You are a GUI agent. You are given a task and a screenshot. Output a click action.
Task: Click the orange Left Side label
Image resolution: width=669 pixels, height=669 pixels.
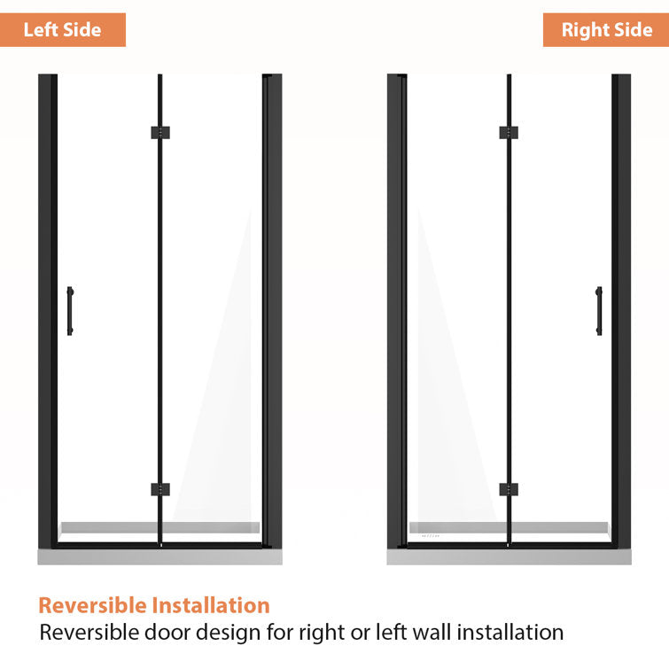click(x=62, y=30)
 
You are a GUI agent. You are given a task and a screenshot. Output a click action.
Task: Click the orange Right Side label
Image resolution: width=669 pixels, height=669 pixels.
click(x=606, y=30)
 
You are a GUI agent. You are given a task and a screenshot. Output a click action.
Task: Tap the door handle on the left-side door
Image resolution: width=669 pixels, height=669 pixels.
click(x=70, y=310)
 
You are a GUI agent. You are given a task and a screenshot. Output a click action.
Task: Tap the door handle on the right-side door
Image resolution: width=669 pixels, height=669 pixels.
click(x=599, y=310)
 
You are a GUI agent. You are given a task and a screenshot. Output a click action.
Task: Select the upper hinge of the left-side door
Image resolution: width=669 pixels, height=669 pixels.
click(x=159, y=133)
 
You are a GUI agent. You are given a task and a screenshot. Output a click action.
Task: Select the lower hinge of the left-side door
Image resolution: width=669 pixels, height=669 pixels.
click(x=159, y=489)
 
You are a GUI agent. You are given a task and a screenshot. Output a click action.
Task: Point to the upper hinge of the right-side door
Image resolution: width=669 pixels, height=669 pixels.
click(x=509, y=133)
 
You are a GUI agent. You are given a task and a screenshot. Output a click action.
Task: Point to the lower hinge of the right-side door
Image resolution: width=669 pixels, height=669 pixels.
click(x=509, y=489)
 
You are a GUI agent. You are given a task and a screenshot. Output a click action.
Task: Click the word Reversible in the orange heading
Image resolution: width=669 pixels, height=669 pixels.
click(x=92, y=606)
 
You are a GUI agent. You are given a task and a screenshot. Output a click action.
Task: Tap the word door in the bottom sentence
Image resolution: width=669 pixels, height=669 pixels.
click(x=152, y=633)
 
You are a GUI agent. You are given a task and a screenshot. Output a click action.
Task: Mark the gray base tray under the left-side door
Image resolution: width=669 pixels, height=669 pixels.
click(x=159, y=557)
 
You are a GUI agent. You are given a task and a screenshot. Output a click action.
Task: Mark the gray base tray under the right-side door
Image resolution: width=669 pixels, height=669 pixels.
click(x=509, y=557)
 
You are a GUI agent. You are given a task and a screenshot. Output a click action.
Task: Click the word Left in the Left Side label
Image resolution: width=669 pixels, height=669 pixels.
click(x=40, y=30)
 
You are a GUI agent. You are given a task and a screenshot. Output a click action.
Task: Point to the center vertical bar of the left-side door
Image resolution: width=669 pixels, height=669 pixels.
click(x=159, y=310)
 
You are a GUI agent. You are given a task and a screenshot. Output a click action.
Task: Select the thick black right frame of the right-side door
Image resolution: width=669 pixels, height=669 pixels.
click(x=622, y=310)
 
